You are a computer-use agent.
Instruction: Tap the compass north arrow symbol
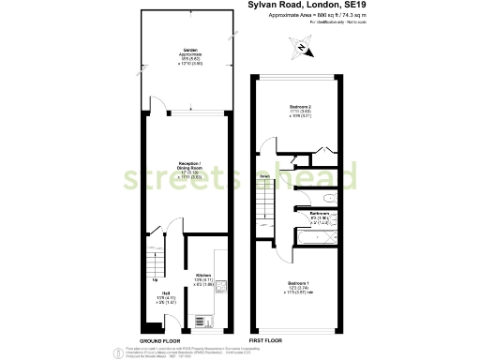300,47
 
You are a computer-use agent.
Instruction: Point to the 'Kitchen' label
203,275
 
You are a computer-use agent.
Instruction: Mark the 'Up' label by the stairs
154,278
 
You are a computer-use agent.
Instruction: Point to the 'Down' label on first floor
265,175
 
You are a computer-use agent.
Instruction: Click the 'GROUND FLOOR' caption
159,340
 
